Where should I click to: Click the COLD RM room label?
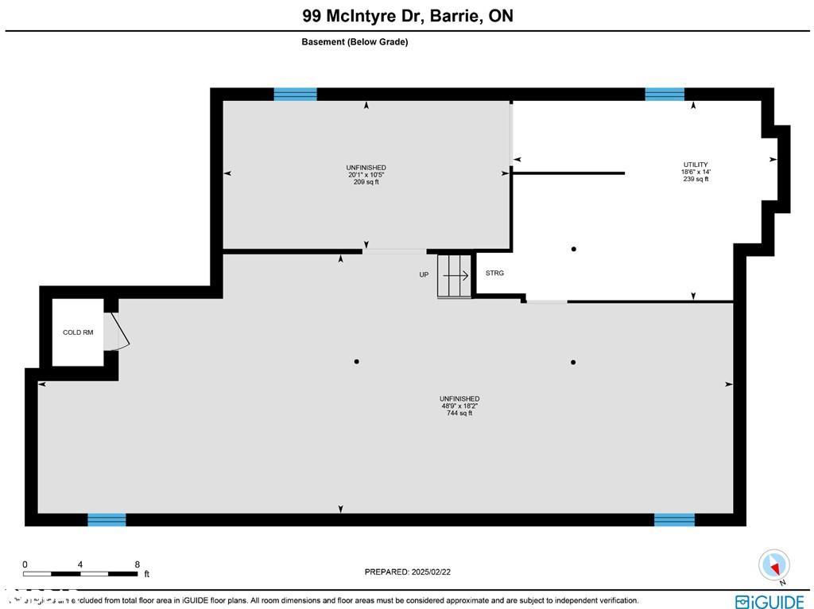(78, 332)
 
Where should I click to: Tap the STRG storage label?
(494, 273)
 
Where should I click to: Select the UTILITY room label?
(695, 165)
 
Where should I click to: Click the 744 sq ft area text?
(459, 413)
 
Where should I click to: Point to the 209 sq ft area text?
(366, 182)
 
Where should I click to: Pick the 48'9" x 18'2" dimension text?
(459, 406)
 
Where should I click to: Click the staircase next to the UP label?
(455, 276)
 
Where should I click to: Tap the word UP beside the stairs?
(424, 275)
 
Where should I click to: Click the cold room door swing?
(120, 332)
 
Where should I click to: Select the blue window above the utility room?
(665, 94)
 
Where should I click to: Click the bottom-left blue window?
(107, 520)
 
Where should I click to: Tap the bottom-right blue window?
(674, 520)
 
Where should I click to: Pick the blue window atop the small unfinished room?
(295, 94)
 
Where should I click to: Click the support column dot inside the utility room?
(574, 249)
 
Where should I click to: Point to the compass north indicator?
(773, 565)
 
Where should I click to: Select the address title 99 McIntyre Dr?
(407, 16)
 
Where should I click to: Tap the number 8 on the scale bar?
(138, 564)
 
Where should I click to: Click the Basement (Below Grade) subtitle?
(355, 42)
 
